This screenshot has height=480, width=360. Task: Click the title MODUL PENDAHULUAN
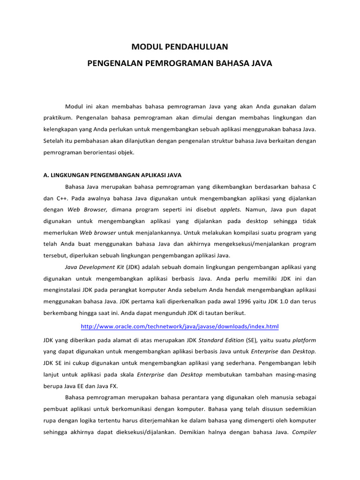(180, 46)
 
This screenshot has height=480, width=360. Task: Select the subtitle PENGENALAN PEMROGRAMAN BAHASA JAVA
(180, 62)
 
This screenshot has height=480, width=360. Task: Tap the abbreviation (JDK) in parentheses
(132, 267)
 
